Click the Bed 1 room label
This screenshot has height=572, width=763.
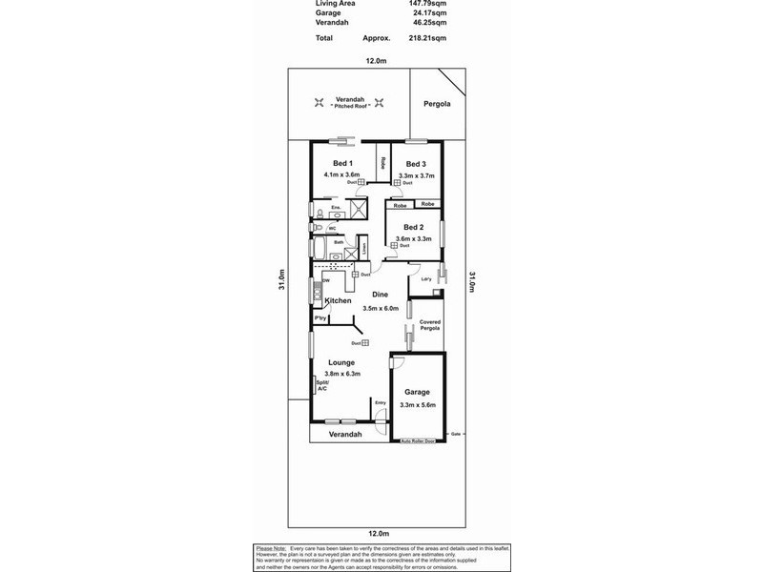click(x=340, y=163)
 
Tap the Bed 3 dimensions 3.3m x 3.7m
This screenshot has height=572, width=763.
click(x=416, y=175)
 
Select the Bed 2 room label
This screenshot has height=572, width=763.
click(x=413, y=227)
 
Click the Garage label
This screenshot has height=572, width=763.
click(x=417, y=392)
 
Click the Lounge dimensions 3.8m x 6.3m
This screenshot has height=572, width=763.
click(x=341, y=374)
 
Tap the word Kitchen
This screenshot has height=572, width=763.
click(x=339, y=301)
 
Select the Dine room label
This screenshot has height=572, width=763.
click(x=380, y=295)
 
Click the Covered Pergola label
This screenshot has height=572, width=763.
click(x=430, y=325)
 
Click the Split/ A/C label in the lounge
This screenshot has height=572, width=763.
click(x=321, y=385)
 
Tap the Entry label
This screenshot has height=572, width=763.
click(x=381, y=402)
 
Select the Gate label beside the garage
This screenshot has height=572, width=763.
click(x=456, y=434)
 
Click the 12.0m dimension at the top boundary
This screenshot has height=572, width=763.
click(x=376, y=60)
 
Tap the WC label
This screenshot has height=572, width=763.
click(x=332, y=228)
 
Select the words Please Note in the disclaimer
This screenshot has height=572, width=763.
click(x=271, y=548)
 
